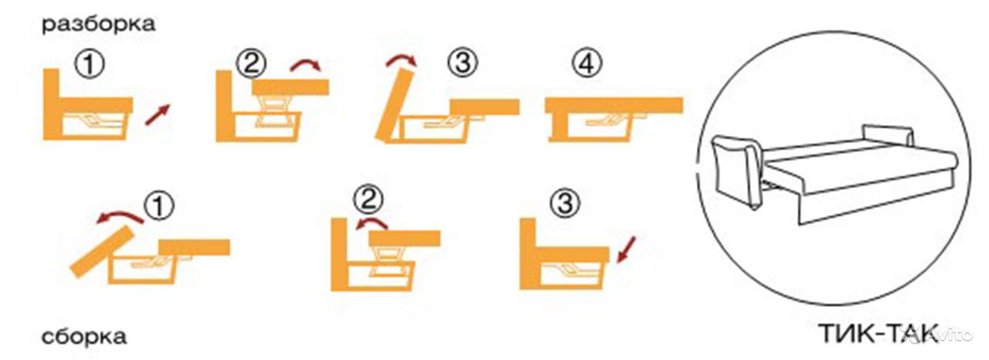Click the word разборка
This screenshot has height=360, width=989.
click(x=98, y=25)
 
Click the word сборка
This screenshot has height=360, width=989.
click(x=84, y=338)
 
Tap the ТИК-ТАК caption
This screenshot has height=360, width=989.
click(x=879, y=334)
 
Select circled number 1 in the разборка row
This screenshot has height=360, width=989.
click(x=90, y=64)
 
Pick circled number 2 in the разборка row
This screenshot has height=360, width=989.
click(x=251, y=63)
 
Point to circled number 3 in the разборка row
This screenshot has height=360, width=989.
click(x=463, y=63)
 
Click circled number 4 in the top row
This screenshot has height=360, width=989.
click(x=586, y=63)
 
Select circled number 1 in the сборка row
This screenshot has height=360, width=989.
click(x=159, y=205)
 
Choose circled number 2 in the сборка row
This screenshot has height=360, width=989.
click(x=369, y=199)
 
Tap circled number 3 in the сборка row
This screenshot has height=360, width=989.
click(x=565, y=203)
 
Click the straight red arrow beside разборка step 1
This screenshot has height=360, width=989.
click(x=158, y=115)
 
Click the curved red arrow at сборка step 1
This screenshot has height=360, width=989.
click(x=119, y=216)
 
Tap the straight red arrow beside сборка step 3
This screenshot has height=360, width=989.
click(x=626, y=250)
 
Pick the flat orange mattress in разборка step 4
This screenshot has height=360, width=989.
click(x=614, y=106)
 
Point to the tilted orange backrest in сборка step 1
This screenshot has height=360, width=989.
click(x=103, y=252)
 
